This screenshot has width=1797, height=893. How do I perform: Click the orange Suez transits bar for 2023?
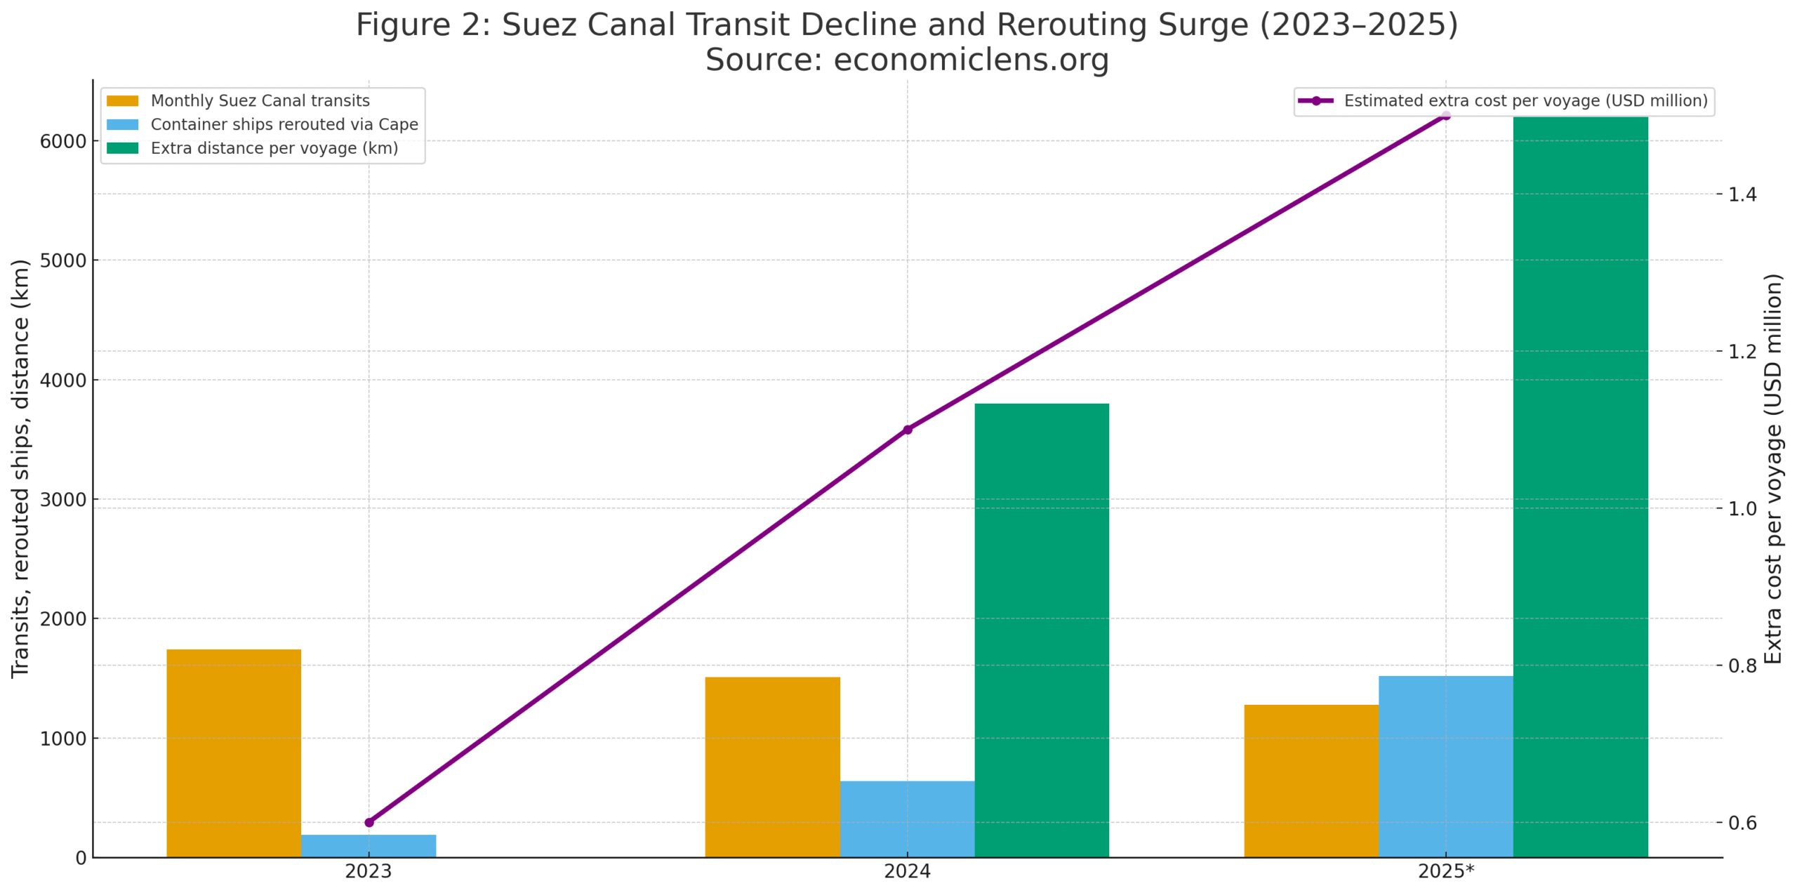(234, 753)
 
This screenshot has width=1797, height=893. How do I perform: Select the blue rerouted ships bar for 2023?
(369, 845)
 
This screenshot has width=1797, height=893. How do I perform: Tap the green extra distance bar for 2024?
(1042, 630)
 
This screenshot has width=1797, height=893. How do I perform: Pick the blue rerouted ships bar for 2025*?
(1445, 766)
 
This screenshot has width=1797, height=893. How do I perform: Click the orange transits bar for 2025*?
(1311, 780)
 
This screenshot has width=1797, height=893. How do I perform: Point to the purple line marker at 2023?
(369, 822)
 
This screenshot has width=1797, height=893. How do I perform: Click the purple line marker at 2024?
(907, 430)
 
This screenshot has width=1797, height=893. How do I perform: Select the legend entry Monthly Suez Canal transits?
(260, 101)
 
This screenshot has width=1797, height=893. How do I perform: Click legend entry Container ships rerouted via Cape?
(284, 125)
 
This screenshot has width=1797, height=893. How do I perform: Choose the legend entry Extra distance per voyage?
(274, 149)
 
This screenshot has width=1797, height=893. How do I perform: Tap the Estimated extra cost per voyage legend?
(1525, 101)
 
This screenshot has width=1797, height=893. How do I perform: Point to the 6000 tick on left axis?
(62, 141)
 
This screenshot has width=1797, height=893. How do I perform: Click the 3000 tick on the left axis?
(62, 500)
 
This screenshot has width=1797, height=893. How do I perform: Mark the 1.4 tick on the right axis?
(1742, 194)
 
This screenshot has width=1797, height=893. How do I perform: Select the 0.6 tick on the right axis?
(1742, 823)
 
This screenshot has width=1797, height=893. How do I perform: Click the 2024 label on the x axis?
(907, 872)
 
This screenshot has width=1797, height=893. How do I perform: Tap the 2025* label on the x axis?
(1446, 872)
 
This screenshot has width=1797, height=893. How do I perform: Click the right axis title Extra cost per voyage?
(1772, 468)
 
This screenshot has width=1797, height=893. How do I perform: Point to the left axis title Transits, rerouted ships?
(21, 468)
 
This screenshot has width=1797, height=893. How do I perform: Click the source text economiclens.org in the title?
(971, 60)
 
